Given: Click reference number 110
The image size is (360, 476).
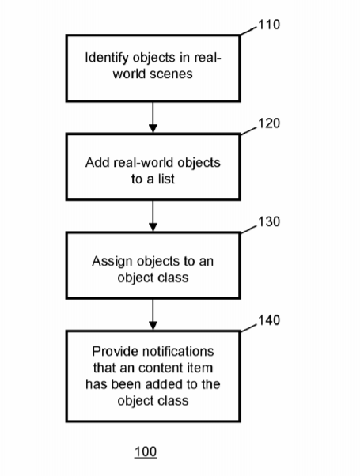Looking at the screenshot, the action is (269, 25).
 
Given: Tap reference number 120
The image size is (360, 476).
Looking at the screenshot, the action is (269, 123).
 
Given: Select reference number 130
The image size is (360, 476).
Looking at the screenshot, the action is (269, 221).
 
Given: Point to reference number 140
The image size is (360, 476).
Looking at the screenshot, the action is (269, 320).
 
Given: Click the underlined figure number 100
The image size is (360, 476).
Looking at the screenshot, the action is (146, 451).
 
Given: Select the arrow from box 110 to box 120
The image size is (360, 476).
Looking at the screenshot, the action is (153, 118).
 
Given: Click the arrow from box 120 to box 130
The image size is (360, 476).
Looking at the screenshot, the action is (153, 216).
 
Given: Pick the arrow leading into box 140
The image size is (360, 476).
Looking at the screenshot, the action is (153, 315).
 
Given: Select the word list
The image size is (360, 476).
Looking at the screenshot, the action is (166, 179).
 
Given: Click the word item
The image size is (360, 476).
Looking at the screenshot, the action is (201, 368).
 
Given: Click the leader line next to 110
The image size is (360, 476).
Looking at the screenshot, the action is (248, 32).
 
